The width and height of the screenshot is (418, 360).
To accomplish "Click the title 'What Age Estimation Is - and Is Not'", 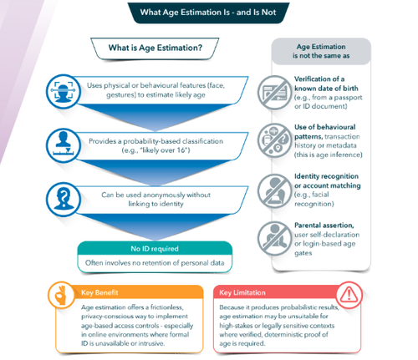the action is (208, 13).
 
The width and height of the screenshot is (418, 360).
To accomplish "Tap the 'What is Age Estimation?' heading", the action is (155, 48).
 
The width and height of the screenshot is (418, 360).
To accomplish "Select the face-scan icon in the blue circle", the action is (64, 91).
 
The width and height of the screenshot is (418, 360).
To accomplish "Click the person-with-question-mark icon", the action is (64, 200).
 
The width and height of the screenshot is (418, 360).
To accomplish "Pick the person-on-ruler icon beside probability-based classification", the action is (64, 145).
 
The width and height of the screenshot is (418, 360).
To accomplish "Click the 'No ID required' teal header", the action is (155, 248).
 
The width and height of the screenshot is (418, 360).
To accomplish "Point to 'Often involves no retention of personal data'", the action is (155, 263).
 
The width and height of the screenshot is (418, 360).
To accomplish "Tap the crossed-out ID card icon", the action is (274, 92).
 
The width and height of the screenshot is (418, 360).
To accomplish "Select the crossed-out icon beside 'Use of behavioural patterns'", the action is (274, 140).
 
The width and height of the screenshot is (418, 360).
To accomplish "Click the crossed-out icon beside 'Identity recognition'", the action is (274, 191).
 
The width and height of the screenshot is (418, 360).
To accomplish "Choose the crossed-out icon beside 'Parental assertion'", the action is (274, 239).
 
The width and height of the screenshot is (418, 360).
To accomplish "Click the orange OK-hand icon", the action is (61, 295).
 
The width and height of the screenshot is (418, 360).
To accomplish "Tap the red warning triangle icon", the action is (349, 295).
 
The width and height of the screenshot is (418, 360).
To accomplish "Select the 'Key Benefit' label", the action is (99, 292).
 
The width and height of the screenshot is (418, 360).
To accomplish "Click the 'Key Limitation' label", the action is (242, 292).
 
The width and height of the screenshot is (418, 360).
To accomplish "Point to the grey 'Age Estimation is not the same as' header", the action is (321, 51).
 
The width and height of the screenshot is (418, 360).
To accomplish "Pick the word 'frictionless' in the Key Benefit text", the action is (167, 307).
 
